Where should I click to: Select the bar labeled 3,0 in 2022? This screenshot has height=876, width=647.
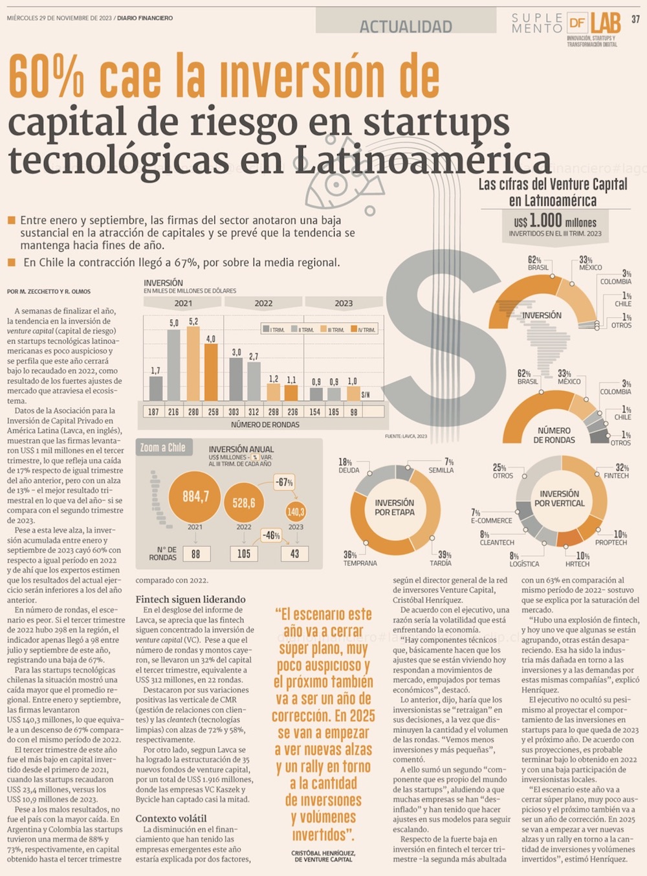click(236, 379)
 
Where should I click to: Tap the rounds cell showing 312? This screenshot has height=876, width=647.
click(254, 412)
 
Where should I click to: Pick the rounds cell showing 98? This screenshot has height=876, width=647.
click(353, 412)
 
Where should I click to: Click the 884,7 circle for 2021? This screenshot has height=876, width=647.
click(195, 497)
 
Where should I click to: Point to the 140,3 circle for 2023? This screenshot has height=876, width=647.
click(296, 511)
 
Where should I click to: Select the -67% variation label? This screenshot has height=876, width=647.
click(284, 482)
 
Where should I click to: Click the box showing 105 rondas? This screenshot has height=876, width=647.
click(244, 554)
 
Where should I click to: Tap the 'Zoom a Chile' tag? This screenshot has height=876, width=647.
click(163, 447)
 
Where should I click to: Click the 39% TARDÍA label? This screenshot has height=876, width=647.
click(443, 558)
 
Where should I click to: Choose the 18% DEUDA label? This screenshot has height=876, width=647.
click(348, 466)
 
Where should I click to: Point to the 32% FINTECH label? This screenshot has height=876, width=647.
click(617, 471)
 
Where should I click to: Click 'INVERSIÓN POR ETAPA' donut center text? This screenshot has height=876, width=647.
click(394, 507)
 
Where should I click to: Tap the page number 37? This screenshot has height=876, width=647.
click(635, 19)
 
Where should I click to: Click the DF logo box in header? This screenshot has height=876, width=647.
click(576, 23)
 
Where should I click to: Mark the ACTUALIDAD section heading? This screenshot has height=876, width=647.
click(406, 27)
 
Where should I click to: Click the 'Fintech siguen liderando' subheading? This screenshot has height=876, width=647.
click(190, 599)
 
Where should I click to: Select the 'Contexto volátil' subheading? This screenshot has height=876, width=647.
click(171, 818)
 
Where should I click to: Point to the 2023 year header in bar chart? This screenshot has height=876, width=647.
click(344, 303)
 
